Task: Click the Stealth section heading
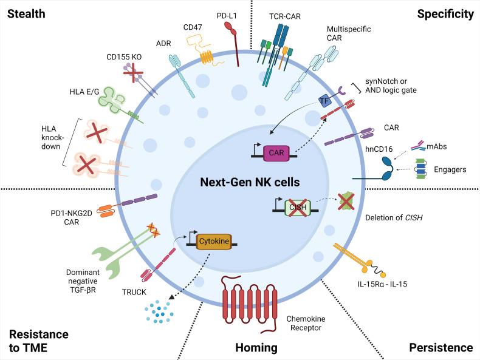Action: (x=26, y=13)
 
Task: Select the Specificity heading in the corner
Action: (x=445, y=13)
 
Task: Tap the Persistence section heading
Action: (x=440, y=347)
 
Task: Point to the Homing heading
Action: (x=256, y=347)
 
